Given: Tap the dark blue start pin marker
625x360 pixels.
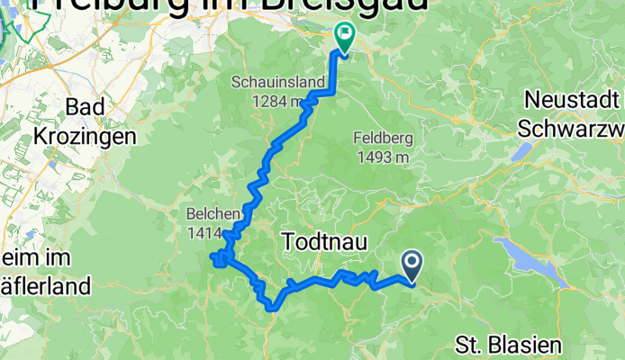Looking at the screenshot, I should [x=412, y=265].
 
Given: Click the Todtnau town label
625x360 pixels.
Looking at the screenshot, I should [x=325, y=240].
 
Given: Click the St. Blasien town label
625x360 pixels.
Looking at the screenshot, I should [x=508, y=345].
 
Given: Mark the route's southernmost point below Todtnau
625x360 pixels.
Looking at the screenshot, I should [x=271, y=310].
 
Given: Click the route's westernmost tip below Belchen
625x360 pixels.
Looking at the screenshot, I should [x=213, y=259].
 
